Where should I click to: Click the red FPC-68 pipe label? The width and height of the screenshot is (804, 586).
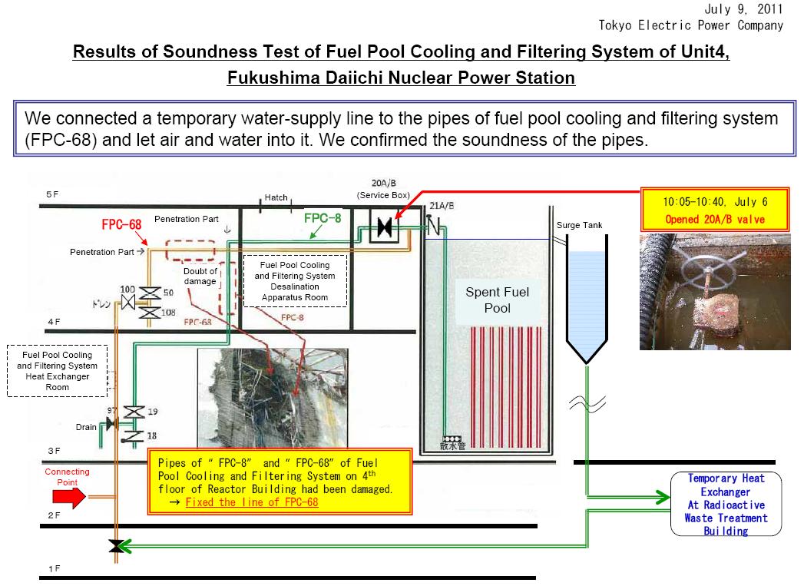coord(121,225)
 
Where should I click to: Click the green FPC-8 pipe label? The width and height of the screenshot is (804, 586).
coord(323,217)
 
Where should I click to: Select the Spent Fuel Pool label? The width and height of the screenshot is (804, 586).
coord(497,300)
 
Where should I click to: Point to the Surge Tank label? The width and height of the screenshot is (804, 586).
coord(579,225)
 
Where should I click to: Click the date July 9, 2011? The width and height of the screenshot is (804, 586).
coord(743,9)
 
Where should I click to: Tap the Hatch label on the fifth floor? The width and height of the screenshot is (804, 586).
coord(276,197)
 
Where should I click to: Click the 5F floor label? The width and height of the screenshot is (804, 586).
coord(51,195)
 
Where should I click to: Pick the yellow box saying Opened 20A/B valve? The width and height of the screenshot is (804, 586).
coord(714,210)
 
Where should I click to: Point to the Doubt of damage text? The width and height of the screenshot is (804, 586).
coord(200,276)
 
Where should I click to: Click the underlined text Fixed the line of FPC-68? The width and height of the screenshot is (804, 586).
coord(252,502)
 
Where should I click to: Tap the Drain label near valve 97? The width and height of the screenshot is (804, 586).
coord(86,427)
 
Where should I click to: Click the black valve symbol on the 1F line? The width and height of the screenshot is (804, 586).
coord(116,545)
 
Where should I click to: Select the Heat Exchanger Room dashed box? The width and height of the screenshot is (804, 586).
coord(57,371)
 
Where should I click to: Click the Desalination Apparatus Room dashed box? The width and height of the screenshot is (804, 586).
coord(295,280)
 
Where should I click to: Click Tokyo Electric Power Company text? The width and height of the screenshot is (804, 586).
coord(690,25)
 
